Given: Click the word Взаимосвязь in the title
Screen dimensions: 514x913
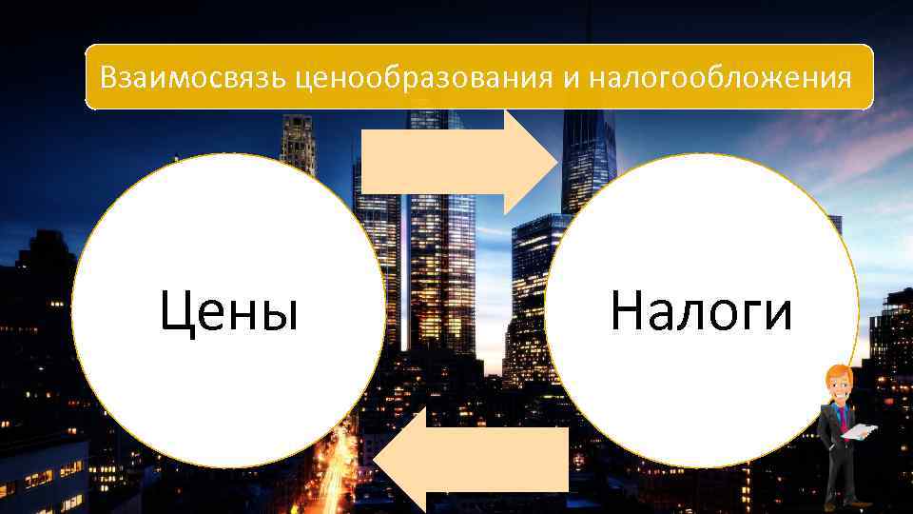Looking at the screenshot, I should (194, 76).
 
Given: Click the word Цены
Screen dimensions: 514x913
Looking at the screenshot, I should (228, 312).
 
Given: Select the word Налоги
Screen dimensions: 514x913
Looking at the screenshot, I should (701, 311).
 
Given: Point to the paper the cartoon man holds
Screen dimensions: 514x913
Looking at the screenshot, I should (861, 432).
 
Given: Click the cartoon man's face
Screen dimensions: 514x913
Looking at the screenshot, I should (839, 390).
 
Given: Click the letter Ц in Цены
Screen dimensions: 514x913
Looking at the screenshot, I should (179, 312).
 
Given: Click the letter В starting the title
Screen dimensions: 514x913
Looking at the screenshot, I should (109, 76).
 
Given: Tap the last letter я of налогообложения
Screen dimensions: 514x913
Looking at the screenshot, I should (845, 77).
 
